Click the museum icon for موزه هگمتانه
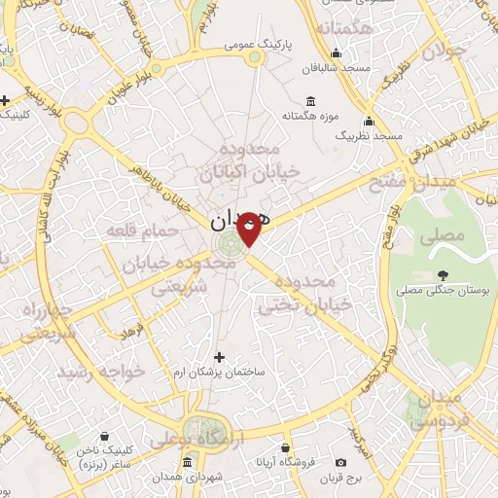point(310,101)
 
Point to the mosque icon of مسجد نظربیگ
point(369,122)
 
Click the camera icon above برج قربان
point(340,463)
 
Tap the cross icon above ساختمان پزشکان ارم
point(219,357)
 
